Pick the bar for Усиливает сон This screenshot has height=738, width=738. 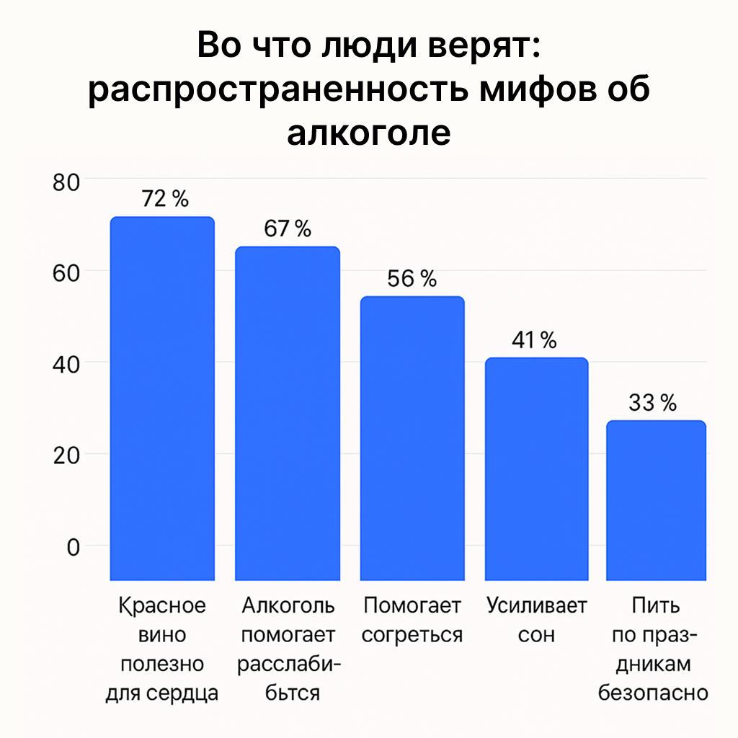[536, 468]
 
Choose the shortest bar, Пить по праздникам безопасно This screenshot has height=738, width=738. [655, 500]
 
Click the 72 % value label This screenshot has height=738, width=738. [165, 199]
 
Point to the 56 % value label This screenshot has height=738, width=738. [412, 279]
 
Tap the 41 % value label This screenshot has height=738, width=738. [535, 340]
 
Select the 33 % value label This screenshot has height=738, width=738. [652, 403]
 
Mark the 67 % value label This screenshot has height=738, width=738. [287, 229]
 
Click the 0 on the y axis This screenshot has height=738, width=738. [74, 546]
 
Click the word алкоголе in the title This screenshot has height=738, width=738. [368, 133]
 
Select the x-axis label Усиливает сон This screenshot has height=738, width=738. [536, 621]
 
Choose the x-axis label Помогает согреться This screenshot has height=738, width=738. [412, 621]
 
